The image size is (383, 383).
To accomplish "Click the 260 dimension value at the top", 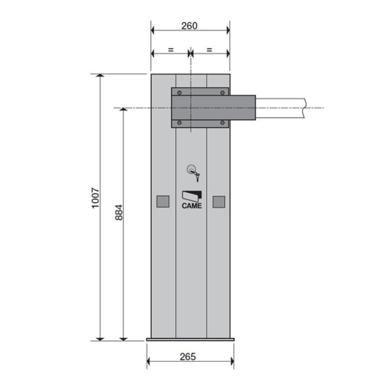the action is (189, 26).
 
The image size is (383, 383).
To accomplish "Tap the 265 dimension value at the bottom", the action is (188, 357).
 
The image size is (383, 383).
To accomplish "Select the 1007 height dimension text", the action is (95, 198).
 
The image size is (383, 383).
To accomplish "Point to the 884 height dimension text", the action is (119, 212).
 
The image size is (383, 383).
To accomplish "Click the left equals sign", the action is (171, 50).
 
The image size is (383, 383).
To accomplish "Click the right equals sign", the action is (210, 50).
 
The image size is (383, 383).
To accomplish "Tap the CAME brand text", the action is (192, 206).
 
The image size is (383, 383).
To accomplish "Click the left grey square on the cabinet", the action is (163, 201).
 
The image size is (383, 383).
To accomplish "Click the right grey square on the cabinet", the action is (219, 202).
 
